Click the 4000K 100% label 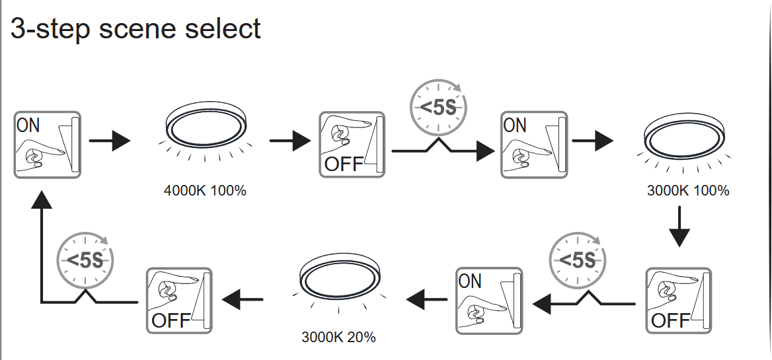click(205, 191)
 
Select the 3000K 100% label click(688, 191)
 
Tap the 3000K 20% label click(338, 337)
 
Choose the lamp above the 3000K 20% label click(340, 277)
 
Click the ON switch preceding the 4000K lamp click(47, 144)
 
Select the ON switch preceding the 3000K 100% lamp click(534, 144)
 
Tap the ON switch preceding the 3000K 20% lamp click(488, 299)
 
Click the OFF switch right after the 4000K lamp click(352, 144)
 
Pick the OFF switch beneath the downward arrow click(679, 299)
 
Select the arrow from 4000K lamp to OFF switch click(289, 141)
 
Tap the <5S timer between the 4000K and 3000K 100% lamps click(438, 106)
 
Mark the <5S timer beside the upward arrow click(85, 258)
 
